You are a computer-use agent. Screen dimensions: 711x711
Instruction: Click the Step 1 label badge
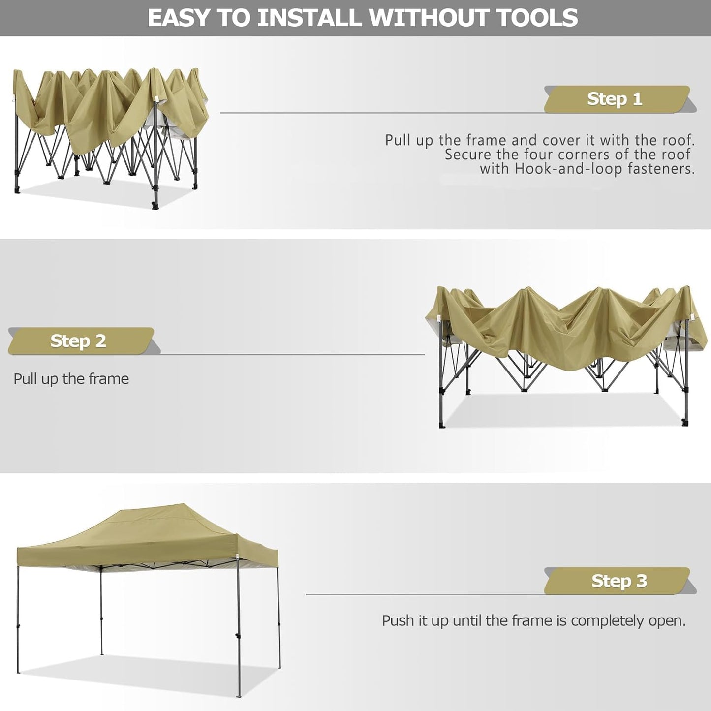coord(615,99)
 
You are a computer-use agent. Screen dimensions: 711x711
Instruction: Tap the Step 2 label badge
coord(79,341)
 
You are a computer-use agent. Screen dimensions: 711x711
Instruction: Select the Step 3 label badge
coord(618,581)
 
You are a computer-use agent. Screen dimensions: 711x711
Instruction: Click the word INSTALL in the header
coord(310,18)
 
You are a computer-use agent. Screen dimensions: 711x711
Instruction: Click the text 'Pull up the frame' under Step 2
coord(71,379)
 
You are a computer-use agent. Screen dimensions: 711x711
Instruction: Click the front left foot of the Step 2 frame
coord(442,424)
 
